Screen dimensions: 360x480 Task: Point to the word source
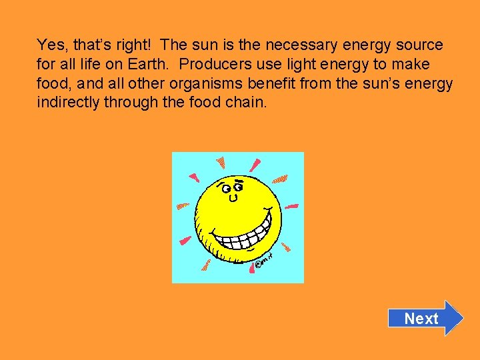420,45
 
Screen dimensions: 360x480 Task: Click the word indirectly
68,103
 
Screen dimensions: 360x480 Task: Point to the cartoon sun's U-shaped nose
233,198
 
